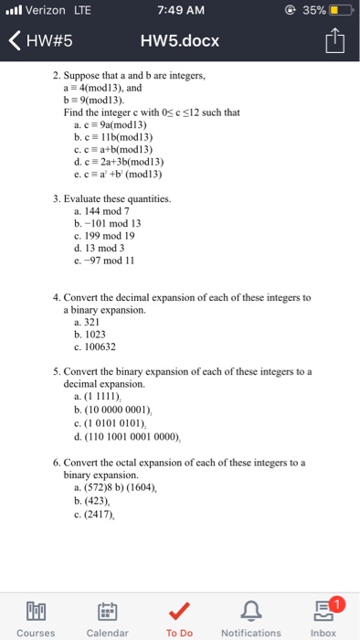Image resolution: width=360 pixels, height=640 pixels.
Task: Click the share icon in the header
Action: (336, 41)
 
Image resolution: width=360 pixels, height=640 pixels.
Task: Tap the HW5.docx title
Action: (180, 42)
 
